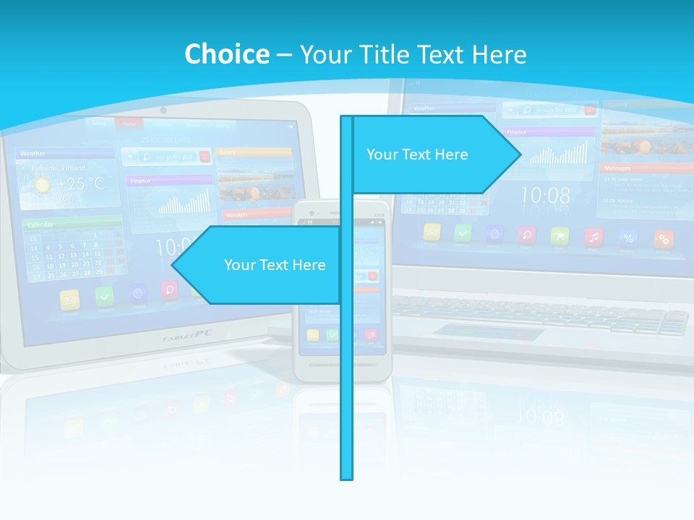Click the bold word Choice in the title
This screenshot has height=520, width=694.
click(226, 55)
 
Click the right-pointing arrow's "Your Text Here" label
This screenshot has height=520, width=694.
click(417, 155)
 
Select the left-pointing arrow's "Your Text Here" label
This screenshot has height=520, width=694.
click(275, 265)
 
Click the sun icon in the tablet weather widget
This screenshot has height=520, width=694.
click(43, 186)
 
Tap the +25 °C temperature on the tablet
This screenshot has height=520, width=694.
click(80, 183)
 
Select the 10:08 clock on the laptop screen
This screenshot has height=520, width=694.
click(545, 195)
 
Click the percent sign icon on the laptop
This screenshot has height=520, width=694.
click(628, 238)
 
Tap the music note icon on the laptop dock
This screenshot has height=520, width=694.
click(594, 236)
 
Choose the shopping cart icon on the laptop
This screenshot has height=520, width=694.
click(560, 235)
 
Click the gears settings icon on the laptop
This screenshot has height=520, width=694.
click(663, 238)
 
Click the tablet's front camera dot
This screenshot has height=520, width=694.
click(163, 110)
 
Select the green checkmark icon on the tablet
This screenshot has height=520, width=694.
click(106, 296)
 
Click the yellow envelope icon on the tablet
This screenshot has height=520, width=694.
click(71, 299)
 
